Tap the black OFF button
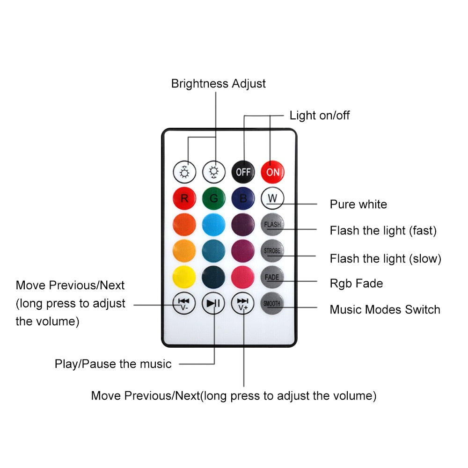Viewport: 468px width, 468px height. pos(243,172)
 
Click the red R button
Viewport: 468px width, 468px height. pos(184,198)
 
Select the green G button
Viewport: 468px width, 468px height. pos(214,198)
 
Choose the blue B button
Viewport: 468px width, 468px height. pos(243,198)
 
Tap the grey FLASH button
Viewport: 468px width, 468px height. pos(272,225)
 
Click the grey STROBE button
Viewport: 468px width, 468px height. pos(272,251)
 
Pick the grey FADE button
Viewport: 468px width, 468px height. pos(272,277)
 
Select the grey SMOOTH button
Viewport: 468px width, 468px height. pos(272,303)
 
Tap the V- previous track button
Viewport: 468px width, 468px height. pos(184,303)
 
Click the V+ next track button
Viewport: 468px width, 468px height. pos(243,303)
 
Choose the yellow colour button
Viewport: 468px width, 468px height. pos(184,277)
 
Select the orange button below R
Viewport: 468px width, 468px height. pos(184,225)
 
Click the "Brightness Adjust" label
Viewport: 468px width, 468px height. pos(218,84)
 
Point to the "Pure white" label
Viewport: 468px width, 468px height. pos(358,205)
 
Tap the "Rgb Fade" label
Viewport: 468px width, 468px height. pos(356,283)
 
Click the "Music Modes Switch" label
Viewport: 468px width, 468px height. pos(385,309)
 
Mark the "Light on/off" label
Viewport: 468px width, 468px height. pos(320,115)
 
